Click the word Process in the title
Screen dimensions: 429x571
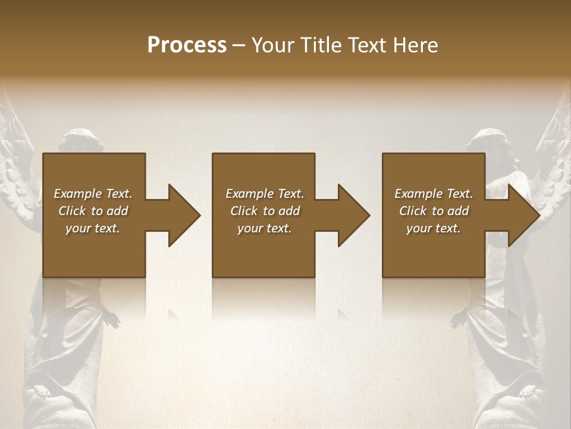pyautogui.click(x=187, y=45)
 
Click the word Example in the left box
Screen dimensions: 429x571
pyautogui.click(x=77, y=194)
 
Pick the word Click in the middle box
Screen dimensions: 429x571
pyautogui.click(x=244, y=211)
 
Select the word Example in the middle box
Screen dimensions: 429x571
pyautogui.click(x=249, y=194)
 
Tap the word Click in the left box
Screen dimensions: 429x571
pyautogui.click(x=73, y=211)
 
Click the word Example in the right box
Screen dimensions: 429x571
pyautogui.click(x=418, y=194)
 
